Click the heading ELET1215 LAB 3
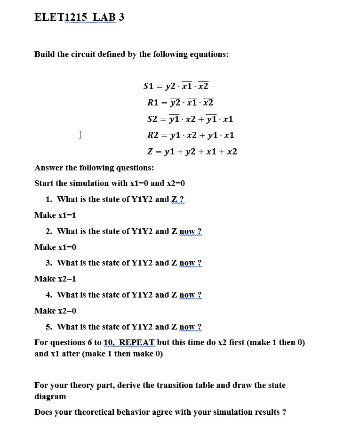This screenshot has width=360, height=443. [79, 17]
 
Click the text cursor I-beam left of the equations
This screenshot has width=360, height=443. [80, 135]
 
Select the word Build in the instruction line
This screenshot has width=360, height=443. [45, 54]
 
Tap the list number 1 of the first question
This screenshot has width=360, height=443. [48, 199]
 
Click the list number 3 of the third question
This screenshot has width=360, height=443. [48, 263]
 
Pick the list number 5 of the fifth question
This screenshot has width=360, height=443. [48, 327]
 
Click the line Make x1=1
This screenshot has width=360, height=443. [55, 215]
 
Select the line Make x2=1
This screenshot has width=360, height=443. [55, 279]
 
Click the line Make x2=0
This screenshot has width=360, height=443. [55, 311]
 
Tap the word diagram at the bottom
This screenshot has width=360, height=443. [50, 396]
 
